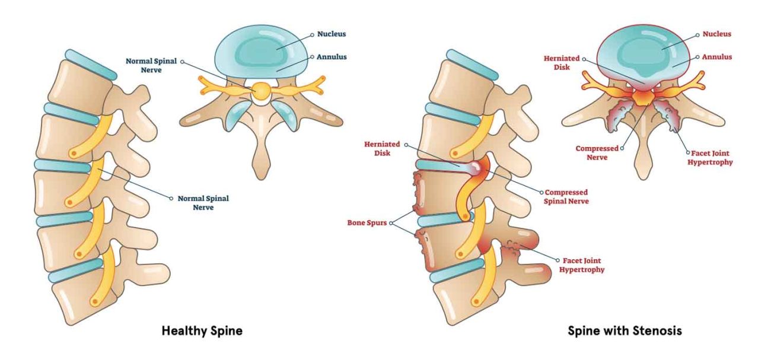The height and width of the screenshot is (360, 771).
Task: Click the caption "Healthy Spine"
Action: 202,331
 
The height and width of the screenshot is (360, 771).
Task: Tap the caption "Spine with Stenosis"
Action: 625,331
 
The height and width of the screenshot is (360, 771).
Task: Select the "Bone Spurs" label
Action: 368,223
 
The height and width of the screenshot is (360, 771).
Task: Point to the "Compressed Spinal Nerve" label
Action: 567,197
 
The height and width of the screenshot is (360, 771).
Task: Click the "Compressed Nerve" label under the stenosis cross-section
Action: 597,153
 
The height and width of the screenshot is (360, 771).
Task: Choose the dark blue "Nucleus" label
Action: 330,34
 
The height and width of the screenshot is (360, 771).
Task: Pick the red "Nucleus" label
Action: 716,34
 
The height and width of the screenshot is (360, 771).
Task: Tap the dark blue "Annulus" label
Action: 330,57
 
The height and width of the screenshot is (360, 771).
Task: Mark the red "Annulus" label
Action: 716,57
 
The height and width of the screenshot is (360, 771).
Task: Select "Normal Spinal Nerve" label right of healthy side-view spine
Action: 203,203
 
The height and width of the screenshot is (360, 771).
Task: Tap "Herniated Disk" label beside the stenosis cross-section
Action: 560,63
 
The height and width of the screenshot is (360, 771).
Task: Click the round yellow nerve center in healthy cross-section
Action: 260,90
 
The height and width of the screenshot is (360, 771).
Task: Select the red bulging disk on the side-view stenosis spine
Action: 478,168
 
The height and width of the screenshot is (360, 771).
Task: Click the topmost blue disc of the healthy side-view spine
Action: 91,64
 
